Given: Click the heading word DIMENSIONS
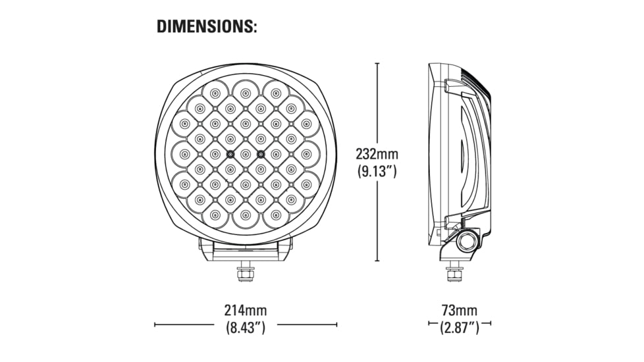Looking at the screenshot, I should [x=206, y=27].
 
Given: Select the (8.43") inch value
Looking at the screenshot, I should [x=245, y=327].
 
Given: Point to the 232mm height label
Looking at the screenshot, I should [x=377, y=155].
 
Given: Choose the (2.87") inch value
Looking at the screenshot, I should [x=460, y=327].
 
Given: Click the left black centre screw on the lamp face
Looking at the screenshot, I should [x=230, y=154].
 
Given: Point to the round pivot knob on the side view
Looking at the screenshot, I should [x=467, y=241].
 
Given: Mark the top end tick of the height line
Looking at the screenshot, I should [x=377, y=63].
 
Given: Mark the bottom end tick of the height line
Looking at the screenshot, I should [x=377, y=261].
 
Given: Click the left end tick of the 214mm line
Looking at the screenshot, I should [x=155, y=324].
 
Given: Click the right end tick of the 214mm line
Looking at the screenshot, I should [x=336, y=324].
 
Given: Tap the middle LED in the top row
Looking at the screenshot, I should [x=245, y=93].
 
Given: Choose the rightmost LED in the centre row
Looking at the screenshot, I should [x=306, y=154].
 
